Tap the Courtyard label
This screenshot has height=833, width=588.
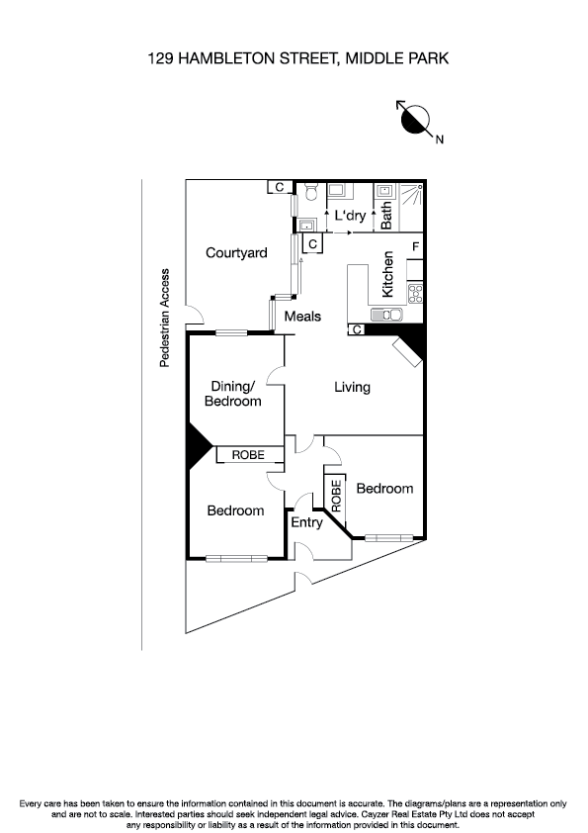click(236, 253)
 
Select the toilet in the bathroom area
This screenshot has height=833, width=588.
click(309, 193)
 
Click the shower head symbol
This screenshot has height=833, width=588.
click(418, 188)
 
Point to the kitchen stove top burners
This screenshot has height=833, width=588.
click(415, 293)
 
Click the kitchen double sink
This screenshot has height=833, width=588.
click(384, 315)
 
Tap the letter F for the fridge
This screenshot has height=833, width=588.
click(416, 245)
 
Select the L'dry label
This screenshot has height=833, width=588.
click(351, 215)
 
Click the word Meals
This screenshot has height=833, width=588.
click(303, 317)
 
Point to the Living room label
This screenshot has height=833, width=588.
click(352, 387)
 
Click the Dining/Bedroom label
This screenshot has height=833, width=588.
click(233, 394)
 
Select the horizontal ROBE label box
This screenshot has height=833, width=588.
click(249, 455)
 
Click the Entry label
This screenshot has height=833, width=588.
click(306, 522)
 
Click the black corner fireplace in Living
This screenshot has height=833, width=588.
click(409, 347)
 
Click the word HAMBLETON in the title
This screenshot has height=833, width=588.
click(223, 59)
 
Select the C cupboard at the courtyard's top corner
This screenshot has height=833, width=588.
click(279, 187)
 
